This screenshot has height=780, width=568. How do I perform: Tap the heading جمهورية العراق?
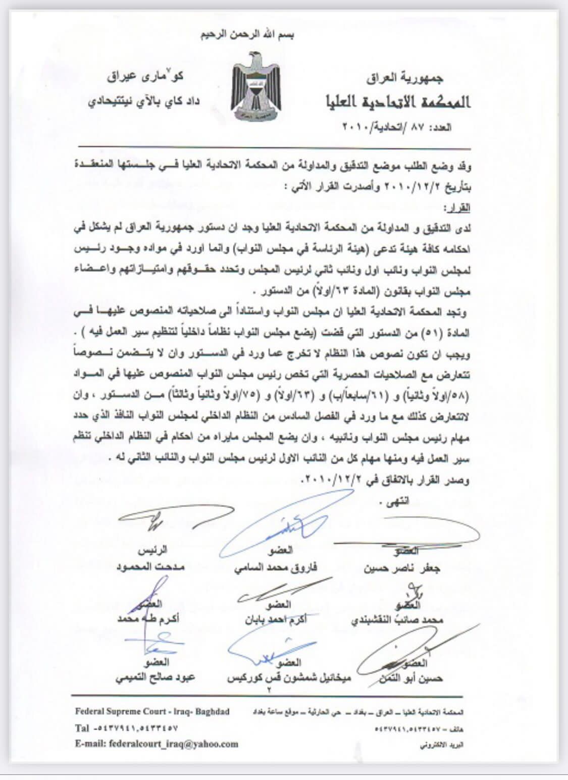tap(404, 78)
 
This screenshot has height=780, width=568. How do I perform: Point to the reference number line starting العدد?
tap(397, 127)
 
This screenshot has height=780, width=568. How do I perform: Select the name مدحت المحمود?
tap(150, 566)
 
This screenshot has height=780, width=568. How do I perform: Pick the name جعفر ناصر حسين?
tap(402, 568)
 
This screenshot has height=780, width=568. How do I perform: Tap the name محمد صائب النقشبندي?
tap(397, 619)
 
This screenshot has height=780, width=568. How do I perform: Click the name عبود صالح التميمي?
tap(155, 677)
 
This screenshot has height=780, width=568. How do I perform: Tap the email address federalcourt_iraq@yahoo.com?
tap(157, 744)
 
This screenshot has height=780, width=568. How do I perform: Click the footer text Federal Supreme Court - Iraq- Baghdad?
tap(152, 711)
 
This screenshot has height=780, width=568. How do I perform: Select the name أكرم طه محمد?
tap(148, 619)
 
